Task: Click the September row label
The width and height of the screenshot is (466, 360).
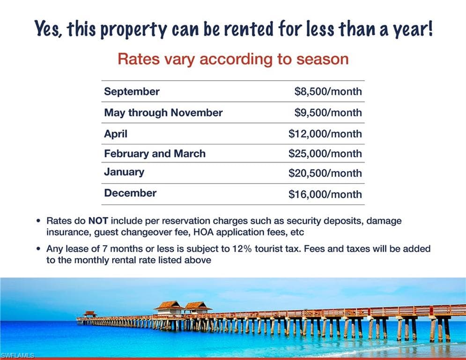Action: [x=132, y=91]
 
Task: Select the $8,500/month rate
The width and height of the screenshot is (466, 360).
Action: [x=328, y=91]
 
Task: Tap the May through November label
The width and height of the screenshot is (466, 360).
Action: [x=163, y=113]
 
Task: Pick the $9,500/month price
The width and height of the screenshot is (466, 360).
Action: [x=328, y=112]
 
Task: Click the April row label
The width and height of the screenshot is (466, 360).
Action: [x=116, y=134]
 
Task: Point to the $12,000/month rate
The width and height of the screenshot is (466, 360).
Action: [x=325, y=134]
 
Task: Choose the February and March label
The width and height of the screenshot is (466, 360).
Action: [x=155, y=154]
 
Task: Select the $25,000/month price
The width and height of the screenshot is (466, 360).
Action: [x=325, y=154]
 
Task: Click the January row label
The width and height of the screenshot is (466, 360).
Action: [x=124, y=172]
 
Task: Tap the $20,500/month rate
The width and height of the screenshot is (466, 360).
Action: [x=325, y=173]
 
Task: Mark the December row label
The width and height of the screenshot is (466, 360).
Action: [x=130, y=193]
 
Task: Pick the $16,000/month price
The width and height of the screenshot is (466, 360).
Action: [x=325, y=194]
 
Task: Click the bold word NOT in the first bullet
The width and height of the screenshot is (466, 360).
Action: [x=98, y=221]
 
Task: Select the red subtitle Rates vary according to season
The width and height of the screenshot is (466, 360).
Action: [x=233, y=59]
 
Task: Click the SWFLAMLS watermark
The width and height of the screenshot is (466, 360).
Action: [x=17, y=355]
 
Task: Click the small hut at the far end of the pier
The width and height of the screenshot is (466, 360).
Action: [x=90, y=314]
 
